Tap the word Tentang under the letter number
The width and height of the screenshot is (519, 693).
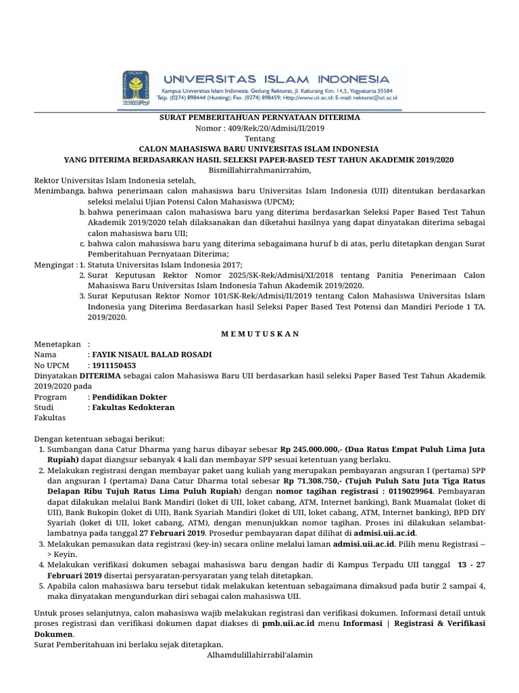pyautogui.click(x=259, y=137)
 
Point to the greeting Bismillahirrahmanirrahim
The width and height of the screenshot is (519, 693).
pyautogui.click(x=259, y=170)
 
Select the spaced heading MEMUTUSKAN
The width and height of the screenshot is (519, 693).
pyautogui.click(x=259, y=334)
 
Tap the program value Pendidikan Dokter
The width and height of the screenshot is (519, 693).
pyautogui.click(x=129, y=397)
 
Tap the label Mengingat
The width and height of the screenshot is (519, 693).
pyautogui.click(x=54, y=263)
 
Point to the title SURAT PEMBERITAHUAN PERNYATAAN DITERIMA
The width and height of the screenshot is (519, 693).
pyautogui.click(x=259, y=117)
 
